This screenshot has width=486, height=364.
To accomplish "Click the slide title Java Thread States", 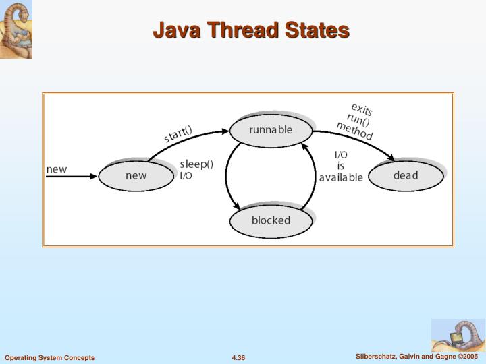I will coord(250,30).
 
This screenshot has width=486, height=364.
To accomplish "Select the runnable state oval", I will coord(271,130).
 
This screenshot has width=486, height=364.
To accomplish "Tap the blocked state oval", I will coord(271,220).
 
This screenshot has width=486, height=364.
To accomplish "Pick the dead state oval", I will coord(406,175).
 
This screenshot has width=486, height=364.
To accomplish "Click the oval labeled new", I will coord(136,176).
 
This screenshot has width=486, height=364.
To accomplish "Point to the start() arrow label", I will coord(178,133).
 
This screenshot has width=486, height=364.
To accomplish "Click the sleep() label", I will coord(196,164).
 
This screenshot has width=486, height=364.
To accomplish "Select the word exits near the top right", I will coord(361,109).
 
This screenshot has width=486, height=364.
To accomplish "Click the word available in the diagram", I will coord(341,177).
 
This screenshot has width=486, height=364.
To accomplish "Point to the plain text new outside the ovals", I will coord(57,169).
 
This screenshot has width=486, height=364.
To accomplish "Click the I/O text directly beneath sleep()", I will coord(186,176).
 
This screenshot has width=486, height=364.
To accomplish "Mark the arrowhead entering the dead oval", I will coord(391,159).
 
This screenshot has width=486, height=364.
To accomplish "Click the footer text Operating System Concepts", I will coord(50,357).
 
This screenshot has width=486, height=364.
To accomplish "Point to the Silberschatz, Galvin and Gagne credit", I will coord(417,356).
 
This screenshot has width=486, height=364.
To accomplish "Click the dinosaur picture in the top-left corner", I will coord(16,30).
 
